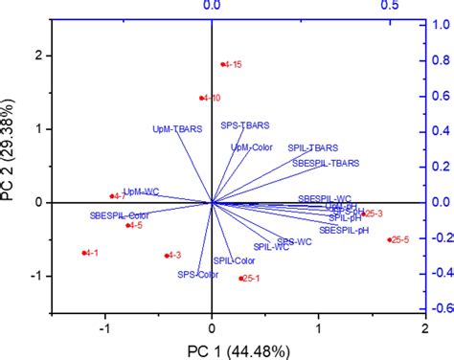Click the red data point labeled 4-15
(x=222, y=65)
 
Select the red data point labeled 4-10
(x=202, y=98)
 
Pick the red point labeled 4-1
(x=84, y=253)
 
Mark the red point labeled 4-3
(x=167, y=256)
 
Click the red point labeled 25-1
(x=240, y=279)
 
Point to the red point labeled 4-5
(x=127, y=225)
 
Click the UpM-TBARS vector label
(x=177, y=128)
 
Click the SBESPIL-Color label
(x=120, y=215)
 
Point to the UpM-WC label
(x=141, y=191)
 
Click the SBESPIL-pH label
(x=343, y=230)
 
